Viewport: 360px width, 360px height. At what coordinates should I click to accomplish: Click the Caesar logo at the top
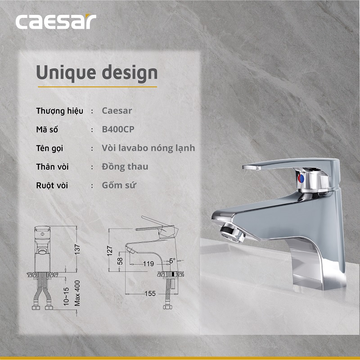tap(56, 22)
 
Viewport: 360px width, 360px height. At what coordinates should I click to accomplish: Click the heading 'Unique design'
tap(97, 72)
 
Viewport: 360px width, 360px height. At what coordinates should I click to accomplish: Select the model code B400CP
tap(118, 130)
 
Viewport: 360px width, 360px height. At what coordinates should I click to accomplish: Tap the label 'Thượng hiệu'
tap(59, 111)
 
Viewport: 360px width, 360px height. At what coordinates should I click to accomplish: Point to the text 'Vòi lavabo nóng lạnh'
tap(148, 148)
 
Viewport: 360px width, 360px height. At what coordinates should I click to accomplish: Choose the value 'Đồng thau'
tap(125, 166)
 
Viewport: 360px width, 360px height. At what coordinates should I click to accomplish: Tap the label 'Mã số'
tap(47, 130)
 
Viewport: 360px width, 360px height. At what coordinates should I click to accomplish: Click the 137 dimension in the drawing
tap(77, 248)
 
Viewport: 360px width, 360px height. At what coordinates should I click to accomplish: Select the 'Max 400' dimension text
tap(77, 293)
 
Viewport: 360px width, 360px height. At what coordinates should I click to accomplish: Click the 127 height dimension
tap(109, 251)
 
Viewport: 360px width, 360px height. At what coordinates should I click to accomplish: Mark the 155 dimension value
tap(150, 293)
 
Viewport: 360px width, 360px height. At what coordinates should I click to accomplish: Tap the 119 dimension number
tap(148, 264)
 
